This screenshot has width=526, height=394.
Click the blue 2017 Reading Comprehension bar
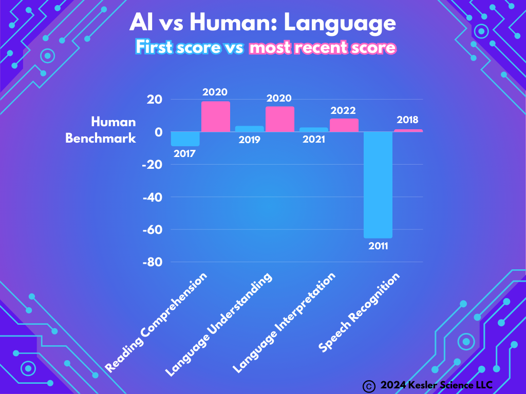(x=185, y=139)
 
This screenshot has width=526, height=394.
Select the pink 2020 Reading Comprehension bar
(x=216, y=117)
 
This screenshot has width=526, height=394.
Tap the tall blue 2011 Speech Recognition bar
(x=378, y=185)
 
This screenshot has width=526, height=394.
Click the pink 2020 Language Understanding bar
(x=280, y=120)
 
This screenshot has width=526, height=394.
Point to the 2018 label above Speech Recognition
(x=408, y=120)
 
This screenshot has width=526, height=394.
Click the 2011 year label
(x=378, y=246)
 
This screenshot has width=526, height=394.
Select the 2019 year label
(x=249, y=140)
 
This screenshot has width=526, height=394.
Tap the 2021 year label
(x=313, y=140)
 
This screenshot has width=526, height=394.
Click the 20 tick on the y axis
(x=155, y=100)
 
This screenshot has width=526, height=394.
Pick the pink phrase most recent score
(x=323, y=48)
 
